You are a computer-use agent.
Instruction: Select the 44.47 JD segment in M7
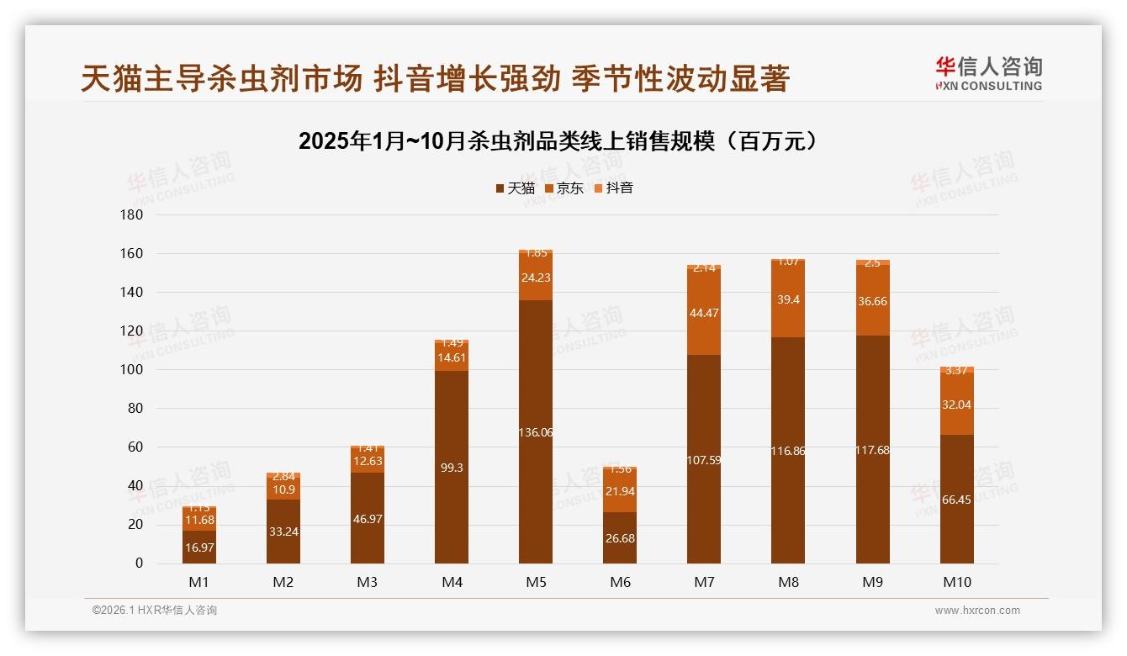pos(704,312)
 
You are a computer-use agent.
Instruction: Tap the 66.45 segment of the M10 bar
pos(957,499)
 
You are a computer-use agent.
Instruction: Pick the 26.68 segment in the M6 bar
pos(620,537)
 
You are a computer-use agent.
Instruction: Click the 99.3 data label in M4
pos(452,468)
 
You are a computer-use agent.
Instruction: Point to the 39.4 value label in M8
pos(788,300)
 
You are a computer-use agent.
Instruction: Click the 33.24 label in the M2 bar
pos(283,532)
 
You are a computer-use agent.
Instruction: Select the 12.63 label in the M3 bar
pos(368,461)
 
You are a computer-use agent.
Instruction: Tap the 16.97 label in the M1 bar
pos(199,548)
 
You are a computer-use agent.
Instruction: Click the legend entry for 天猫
pos(515,188)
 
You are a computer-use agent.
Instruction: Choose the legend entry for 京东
pos(564,188)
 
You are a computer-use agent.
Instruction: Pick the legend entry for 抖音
pos(613,188)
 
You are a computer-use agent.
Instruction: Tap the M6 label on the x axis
pos(620,582)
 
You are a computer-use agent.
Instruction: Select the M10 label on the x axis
pos(957,582)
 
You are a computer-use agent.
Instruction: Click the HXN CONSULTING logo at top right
pos(988,74)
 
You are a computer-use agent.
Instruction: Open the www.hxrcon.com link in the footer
pos(977,611)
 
